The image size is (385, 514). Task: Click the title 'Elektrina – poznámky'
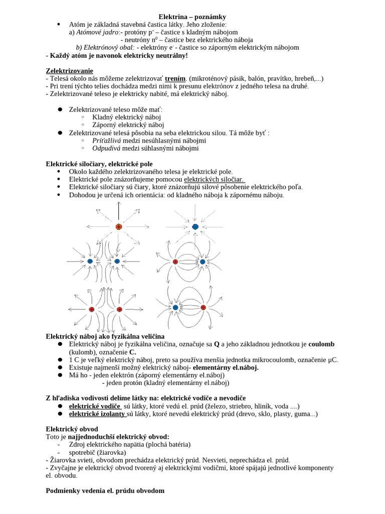tap(192, 17)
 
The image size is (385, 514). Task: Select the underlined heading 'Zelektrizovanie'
tap(69, 71)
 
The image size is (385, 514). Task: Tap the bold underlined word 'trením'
tap(175, 78)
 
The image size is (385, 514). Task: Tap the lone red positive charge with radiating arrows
tap(118, 227)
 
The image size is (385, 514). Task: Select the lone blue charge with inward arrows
tap(196, 227)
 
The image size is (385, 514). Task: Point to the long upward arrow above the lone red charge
tap(118, 211)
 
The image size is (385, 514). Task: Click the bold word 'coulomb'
tap(321, 344)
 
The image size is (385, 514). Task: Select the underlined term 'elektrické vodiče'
tap(95, 406)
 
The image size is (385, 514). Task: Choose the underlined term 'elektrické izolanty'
tap(97, 414)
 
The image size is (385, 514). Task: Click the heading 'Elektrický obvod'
tap(72, 429)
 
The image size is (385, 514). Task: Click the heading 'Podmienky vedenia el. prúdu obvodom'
tap(105, 490)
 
